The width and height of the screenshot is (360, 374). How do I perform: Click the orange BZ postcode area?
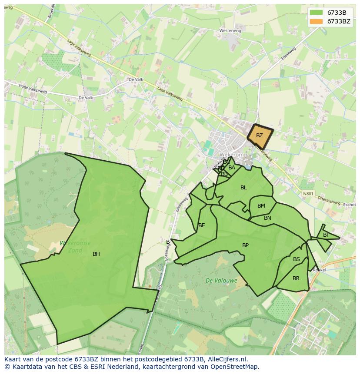(260, 136)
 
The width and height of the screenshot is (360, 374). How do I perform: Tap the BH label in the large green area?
(96, 254)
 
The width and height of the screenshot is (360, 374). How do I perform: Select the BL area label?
(243, 188)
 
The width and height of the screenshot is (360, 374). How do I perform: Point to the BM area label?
(261, 206)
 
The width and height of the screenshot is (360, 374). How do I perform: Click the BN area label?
(267, 218)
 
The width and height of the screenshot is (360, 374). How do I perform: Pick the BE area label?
(201, 225)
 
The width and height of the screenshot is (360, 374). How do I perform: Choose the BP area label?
(245, 245)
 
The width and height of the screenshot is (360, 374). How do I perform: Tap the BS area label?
(296, 259)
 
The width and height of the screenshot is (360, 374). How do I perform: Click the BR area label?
(296, 278)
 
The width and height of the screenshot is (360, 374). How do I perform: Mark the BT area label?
(326, 235)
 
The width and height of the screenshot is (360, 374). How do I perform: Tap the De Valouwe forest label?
(221, 281)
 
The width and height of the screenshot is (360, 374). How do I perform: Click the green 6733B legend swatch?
(316, 13)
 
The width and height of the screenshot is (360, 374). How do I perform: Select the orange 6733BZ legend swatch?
(316, 21)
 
